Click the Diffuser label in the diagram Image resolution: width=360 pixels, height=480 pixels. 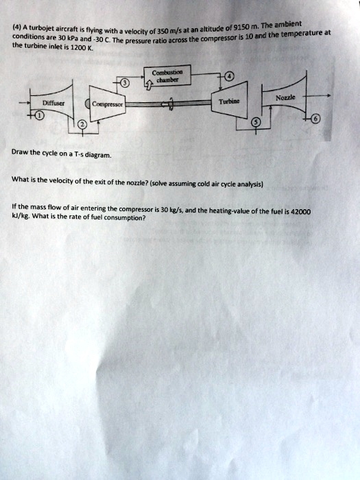point(53,103)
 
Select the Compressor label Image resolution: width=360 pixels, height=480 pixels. point(108,104)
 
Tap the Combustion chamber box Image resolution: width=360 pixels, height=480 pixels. point(167,75)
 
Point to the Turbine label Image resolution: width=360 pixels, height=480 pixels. point(229,101)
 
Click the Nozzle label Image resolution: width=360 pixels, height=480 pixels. point(286,97)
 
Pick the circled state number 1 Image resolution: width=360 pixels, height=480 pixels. point(40,116)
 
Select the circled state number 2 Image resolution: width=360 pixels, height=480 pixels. point(83,125)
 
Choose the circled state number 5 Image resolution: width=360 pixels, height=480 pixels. point(256,122)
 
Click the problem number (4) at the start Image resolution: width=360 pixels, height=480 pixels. point(16,27)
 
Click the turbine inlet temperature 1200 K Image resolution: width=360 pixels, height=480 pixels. point(80,48)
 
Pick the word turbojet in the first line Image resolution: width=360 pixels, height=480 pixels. point(40,29)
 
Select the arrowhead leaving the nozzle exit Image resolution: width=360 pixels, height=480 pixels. point(329,96)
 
